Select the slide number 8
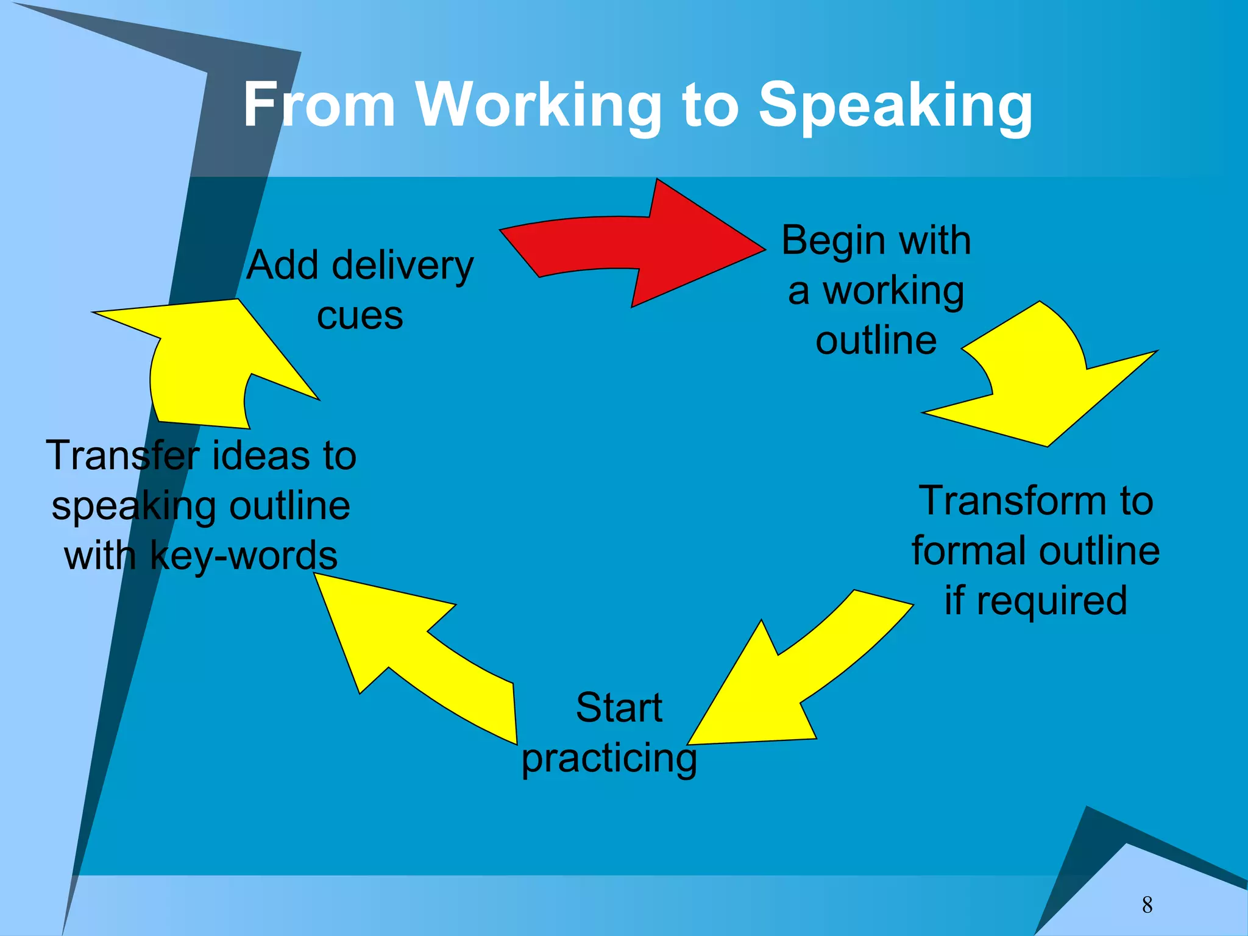tap(1147, 905)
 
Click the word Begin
tap(831, 240)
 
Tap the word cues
tap(360, 316)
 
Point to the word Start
tap(619, 707)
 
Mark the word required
tap(1052, 600)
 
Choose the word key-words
tap(243, 556)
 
